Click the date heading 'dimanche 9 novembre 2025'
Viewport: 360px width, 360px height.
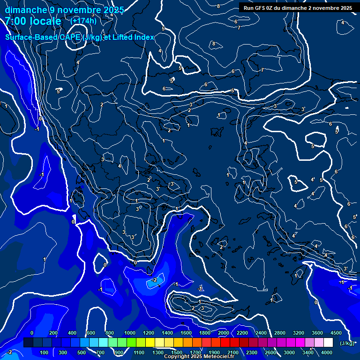(x=64, y=10)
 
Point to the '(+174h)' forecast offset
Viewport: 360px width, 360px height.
(x=84, y=21)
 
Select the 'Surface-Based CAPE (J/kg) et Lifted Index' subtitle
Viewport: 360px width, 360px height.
(x=80, y=37)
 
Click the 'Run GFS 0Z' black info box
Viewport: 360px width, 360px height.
(x=298, y=8)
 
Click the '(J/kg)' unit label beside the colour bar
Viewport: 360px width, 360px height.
(x=347, y=343)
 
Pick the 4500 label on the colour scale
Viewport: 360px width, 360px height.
(x=336, y=333)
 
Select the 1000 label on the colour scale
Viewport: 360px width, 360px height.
(x=129, y=333)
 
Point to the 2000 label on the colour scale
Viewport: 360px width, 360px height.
(x=223, y=333)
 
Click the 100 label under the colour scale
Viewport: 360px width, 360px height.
(x=45, y=352)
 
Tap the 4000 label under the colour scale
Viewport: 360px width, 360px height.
(x=327, y=352)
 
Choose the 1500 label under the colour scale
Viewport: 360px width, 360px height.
(x=176, y=352)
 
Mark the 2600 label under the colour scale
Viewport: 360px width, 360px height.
(x=270, y=352)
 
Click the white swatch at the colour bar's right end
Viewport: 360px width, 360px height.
(x=328, y=343)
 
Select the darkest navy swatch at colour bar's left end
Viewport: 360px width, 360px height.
(x=28, y=343)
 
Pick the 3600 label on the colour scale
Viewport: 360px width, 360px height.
(x=317, y=333)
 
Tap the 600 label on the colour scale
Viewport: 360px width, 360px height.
(x=91, y=333)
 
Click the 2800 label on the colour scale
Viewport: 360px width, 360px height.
(x=280, y=333)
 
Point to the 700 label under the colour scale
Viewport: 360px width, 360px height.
(x=101, y=352)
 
